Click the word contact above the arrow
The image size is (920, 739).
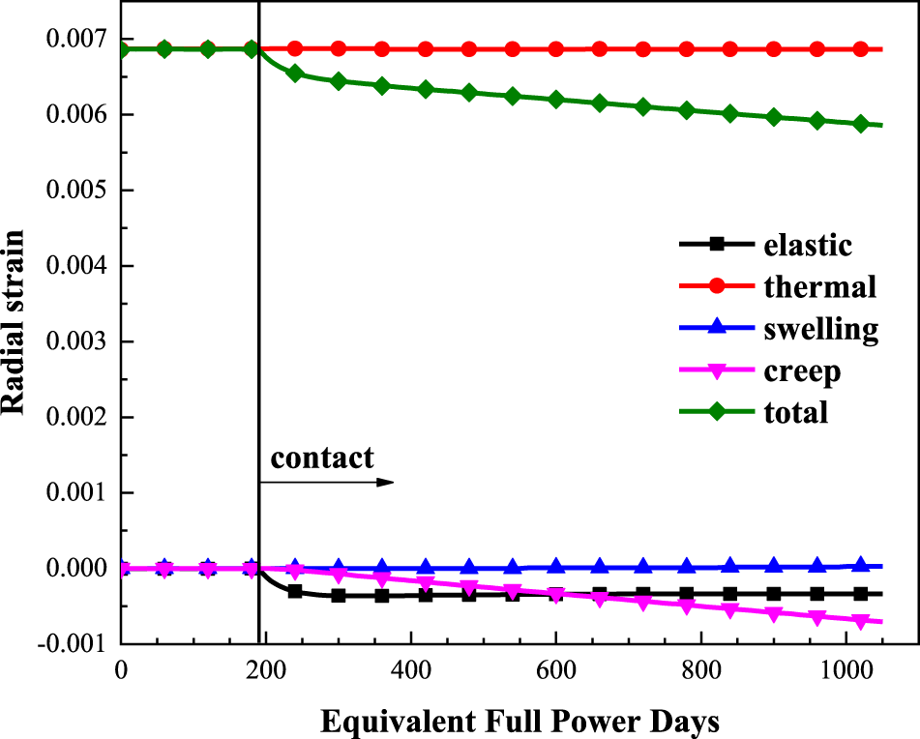pos(321,458)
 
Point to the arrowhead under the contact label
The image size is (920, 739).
pos(386,481)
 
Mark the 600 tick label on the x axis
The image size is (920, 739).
pos(555,667)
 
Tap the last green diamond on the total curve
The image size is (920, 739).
pos(860,124)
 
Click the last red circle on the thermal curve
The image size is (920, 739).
pos(860,48)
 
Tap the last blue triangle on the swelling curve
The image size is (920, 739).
pos(860,566)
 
